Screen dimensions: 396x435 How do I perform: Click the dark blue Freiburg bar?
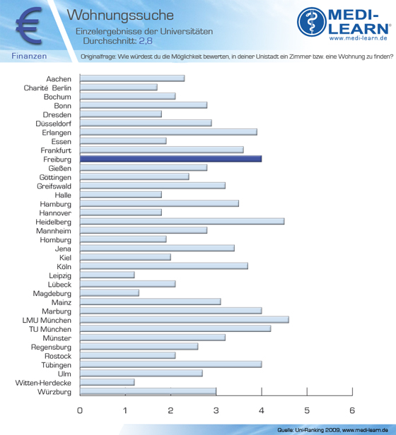coord(170,159)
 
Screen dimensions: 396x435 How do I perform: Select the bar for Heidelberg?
coord(182,222)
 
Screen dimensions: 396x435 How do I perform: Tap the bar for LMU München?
coord(185,320)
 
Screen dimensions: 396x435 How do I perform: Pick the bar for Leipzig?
coord(107,275)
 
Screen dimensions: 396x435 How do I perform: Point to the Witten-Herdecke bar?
coord(107,382)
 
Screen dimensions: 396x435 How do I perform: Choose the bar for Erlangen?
coord(168,132)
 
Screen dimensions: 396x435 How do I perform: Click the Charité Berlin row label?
coord(47,88)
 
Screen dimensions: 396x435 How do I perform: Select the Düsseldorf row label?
coord(53,124)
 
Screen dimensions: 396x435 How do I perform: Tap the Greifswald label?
coord(54,186)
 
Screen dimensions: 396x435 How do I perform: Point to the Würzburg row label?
coord(54,392)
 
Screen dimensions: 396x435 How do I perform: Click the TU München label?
coord(50,329)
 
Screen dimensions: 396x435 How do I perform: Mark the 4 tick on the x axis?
coord(262,391)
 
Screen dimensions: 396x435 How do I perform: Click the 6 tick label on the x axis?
coord(352,410)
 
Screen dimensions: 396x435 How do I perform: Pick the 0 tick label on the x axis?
coord(80,410)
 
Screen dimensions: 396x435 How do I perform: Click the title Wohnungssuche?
coord(120,15)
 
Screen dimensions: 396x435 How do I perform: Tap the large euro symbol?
coord(29,25)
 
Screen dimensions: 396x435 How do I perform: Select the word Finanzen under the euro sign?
coord(29,56)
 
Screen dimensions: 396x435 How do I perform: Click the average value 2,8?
coord(146,41)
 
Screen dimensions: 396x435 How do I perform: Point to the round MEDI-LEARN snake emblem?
coord(312,22)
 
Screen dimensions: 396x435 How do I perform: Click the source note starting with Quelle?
coord(332,430)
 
